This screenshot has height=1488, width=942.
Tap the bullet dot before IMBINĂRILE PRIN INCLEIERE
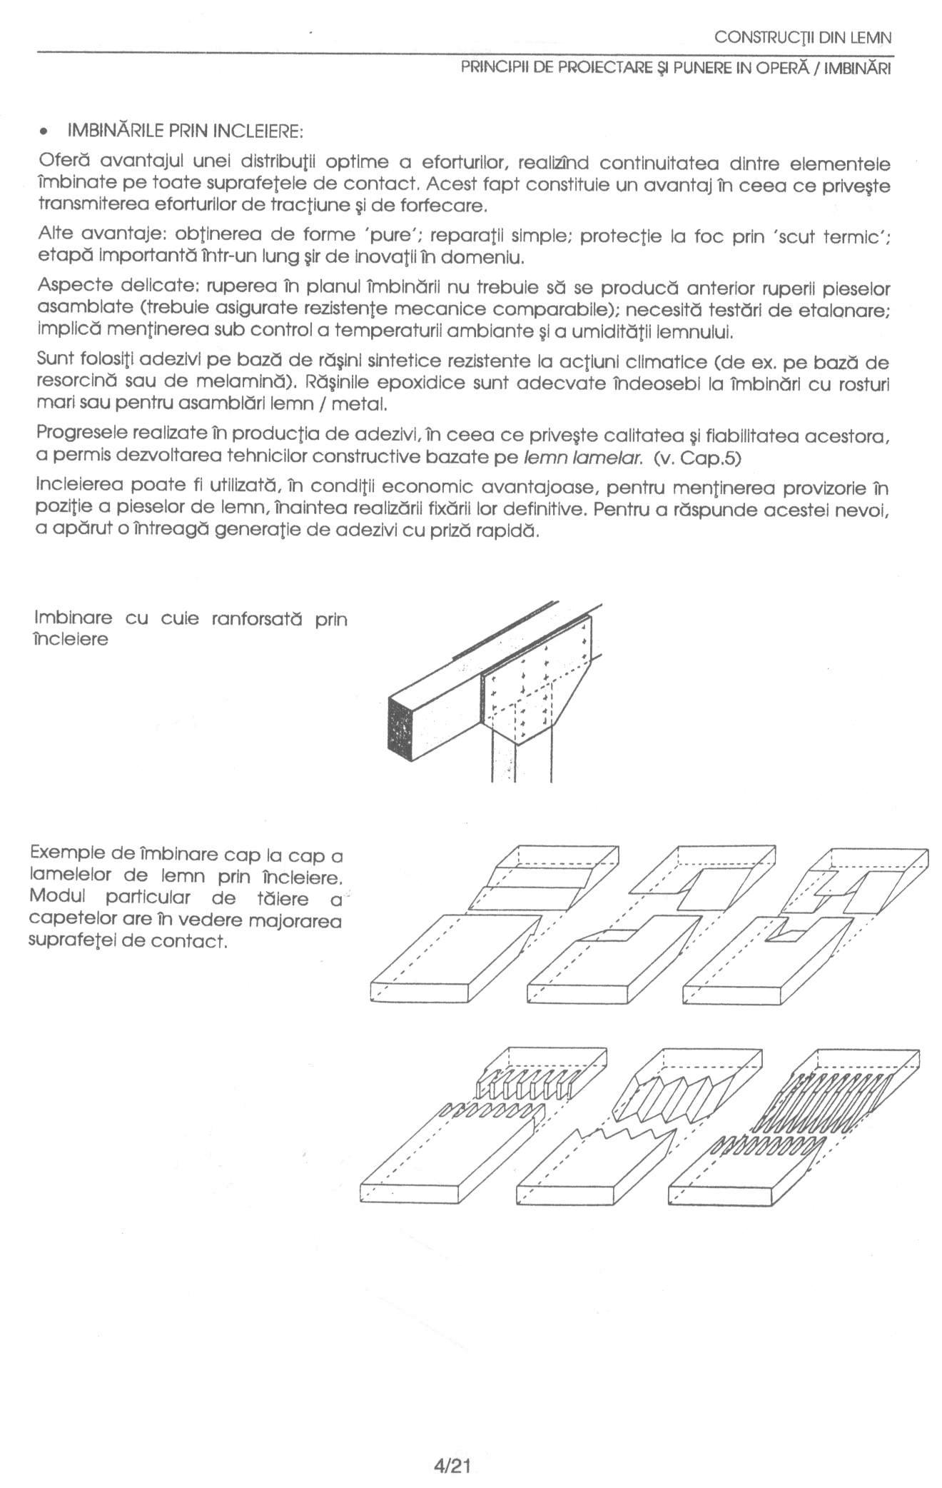tap(44, 132)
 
